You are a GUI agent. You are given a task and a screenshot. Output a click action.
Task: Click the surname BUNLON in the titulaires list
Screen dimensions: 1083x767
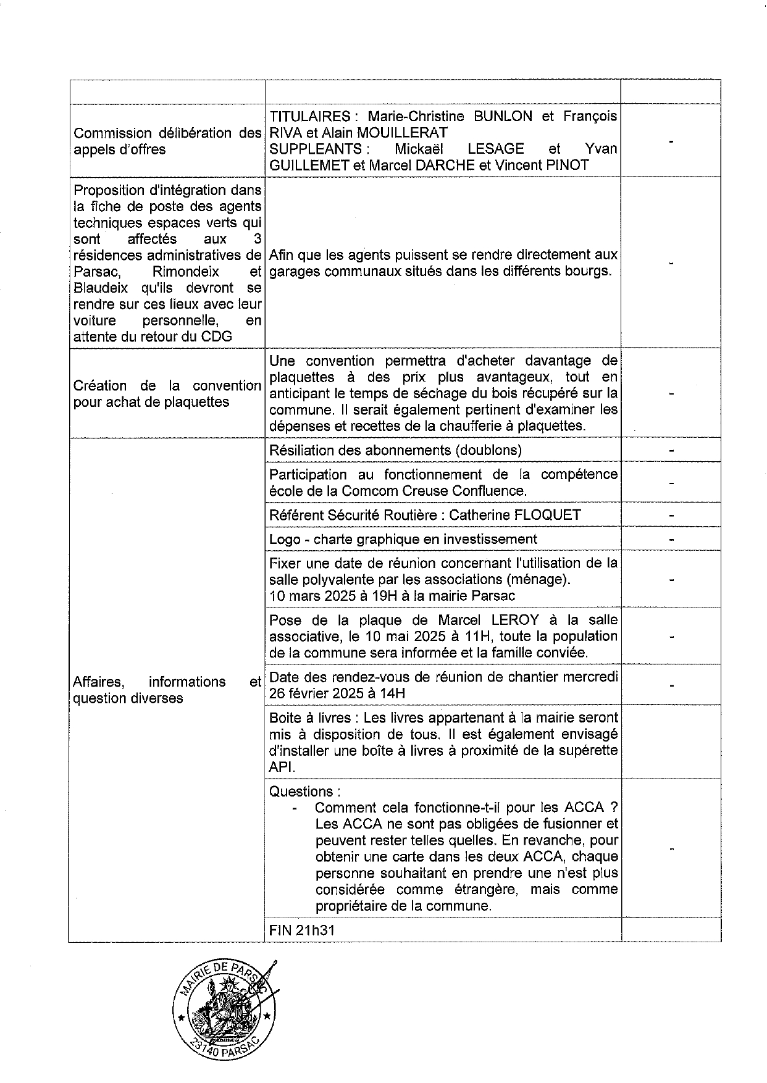(500, 116)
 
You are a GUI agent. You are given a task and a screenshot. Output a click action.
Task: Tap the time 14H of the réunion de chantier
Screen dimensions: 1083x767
(393, 693)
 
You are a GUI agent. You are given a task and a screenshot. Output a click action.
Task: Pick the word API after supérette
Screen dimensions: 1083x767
(282, 767)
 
